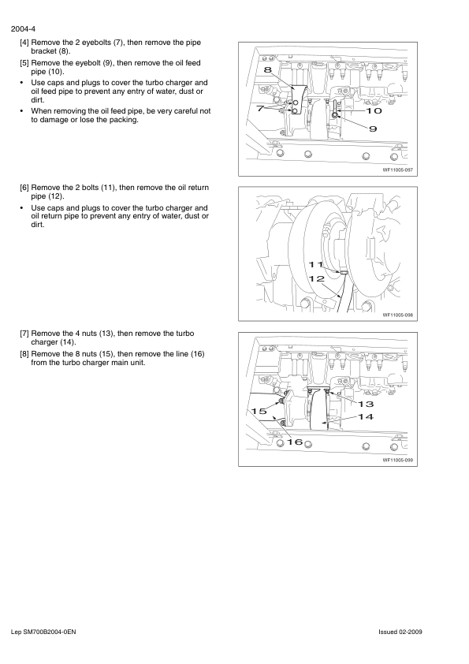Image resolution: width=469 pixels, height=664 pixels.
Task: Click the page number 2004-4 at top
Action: [x=23, y=29]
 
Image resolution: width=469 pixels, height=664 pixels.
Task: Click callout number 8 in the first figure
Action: [x=267, y=70]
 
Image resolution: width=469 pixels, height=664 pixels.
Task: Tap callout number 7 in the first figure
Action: [x=260, y=108]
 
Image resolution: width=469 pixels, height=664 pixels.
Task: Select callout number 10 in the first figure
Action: [x=374, y=111]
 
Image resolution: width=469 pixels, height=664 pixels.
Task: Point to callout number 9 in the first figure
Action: [x=373, y=129]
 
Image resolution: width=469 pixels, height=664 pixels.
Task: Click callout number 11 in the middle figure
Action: [x=316, y=265]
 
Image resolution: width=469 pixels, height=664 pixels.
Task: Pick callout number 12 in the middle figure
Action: [x=317, y=278]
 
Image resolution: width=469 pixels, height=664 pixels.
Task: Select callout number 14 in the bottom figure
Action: [x=367, y=416]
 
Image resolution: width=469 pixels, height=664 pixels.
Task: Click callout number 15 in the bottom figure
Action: [x=259, y=411]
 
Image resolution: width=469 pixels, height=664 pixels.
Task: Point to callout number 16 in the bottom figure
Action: [x=295, y=442]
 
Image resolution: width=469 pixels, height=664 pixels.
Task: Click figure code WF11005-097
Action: [x=397, y=170]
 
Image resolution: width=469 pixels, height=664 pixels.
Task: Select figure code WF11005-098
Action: [x=397, y=315]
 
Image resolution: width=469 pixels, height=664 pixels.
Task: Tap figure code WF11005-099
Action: [x=397, y=461]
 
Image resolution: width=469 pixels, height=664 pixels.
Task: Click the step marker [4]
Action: [x=24, y=43]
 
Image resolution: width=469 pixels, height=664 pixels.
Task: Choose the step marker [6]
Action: [x=24, y=188]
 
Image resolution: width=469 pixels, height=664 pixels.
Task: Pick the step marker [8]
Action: [x=24, y=354]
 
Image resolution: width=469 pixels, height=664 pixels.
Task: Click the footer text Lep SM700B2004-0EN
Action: [x=43, y=632]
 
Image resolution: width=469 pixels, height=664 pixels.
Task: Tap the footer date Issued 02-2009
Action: [x=400, y=632]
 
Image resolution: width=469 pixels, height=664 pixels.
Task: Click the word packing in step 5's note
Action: [x=124, y=120]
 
